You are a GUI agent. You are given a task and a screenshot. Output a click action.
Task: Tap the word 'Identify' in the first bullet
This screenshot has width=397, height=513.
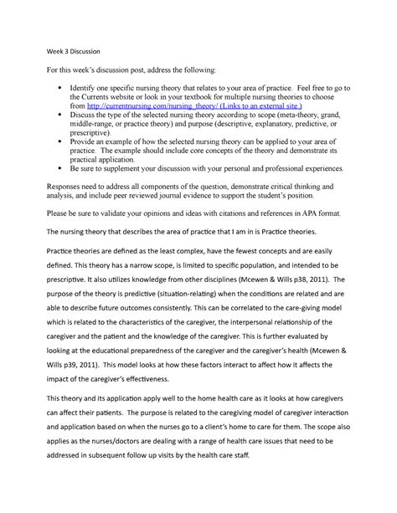pyautogui.click(x=94, y=87)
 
